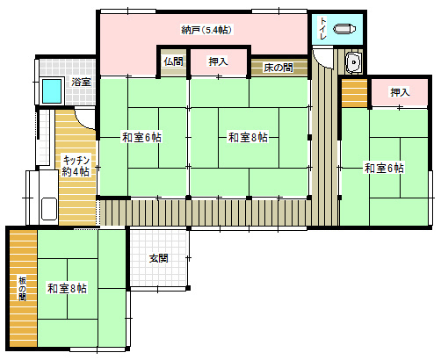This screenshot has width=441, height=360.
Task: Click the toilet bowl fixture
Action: [344, 29]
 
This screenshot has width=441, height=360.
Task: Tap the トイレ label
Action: [322, 28]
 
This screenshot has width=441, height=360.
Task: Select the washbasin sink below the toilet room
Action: [353, 62]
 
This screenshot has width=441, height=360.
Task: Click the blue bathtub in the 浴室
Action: [52, 91]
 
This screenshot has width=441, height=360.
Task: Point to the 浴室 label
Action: [81, 82]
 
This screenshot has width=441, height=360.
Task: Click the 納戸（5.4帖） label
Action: [206, 30]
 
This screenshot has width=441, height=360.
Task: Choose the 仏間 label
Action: [173, 61]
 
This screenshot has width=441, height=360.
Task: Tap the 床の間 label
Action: [278, 68]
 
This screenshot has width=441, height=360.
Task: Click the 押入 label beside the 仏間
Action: [218, 61]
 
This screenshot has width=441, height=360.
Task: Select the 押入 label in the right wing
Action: [400, 92]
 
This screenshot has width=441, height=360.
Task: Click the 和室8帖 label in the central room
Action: [248, 137]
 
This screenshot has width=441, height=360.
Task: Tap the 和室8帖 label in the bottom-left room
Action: [67, 288]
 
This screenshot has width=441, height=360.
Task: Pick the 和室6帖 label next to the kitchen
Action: [141, 137]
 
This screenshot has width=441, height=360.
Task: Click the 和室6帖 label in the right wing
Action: [384, 168]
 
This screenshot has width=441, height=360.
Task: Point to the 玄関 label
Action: [159, 258]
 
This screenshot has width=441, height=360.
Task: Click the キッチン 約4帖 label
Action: [76, 166]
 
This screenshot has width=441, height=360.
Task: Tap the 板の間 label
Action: [23, 289]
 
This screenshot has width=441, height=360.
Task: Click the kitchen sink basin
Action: [49, 209]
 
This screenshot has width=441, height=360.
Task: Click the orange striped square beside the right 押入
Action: [354, 93]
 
